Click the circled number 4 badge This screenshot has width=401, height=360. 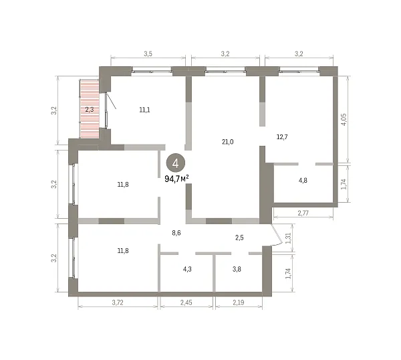176,163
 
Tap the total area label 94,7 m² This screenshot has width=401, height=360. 176,179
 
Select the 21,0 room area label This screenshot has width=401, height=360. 228,142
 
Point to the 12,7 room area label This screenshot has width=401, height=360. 282,137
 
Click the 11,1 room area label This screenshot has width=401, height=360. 144,110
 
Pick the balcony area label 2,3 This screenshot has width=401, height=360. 90,110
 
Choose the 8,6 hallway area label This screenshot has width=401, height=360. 176,233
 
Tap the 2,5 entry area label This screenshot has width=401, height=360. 239,238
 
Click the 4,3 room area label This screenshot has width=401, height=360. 187,269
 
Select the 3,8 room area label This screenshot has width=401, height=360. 237,269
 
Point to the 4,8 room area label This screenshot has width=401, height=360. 303,180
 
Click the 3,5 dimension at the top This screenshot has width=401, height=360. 148,54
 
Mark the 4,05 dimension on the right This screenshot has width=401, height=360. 344,119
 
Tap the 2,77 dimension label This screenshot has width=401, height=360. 303,213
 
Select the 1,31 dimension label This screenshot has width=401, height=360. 288,238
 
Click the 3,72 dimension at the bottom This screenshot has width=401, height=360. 118,302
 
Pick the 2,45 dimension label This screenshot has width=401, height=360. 186,302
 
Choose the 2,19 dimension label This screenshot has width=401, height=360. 239,302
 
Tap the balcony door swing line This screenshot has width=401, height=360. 111,100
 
